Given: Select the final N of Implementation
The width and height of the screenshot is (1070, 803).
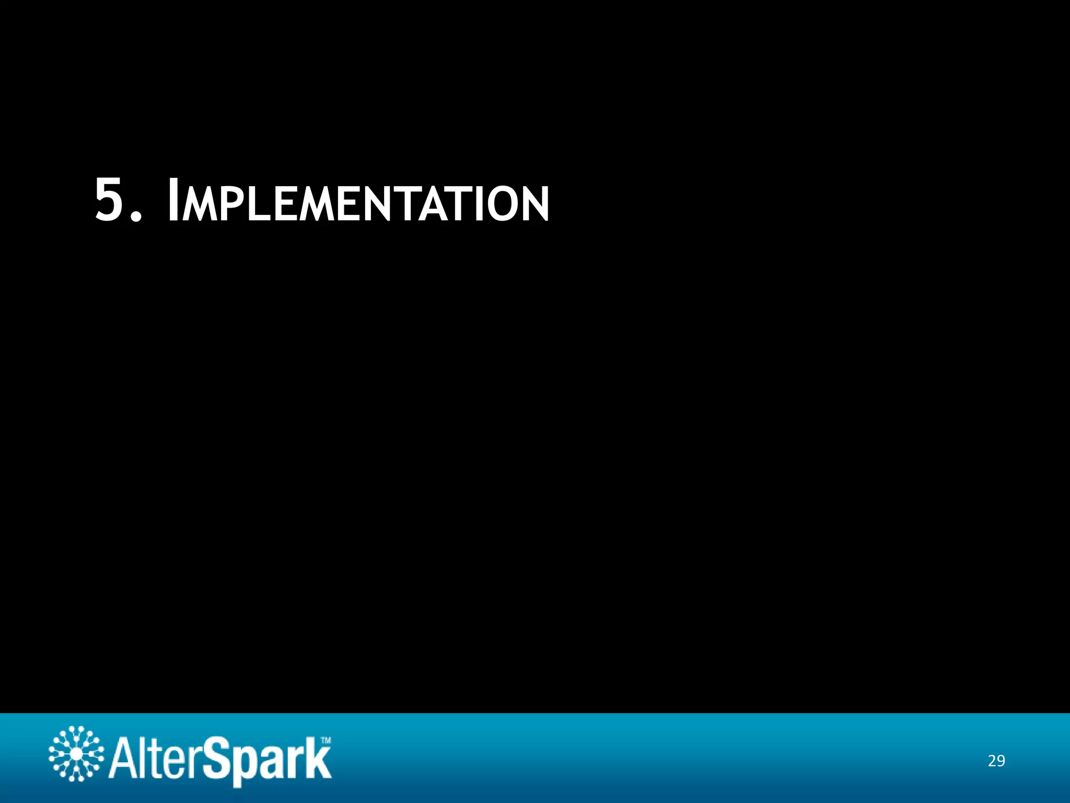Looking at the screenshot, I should click(x=534, y=204).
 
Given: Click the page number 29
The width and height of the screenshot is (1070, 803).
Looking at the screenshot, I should click(x=996, y=761).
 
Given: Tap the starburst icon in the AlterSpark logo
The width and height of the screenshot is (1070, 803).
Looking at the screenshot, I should click(x=76, y=754).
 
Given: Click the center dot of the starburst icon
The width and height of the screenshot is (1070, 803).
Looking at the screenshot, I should click(x=76, y=754).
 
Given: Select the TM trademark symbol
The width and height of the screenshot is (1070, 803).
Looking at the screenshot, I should click(x=325, y=740).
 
